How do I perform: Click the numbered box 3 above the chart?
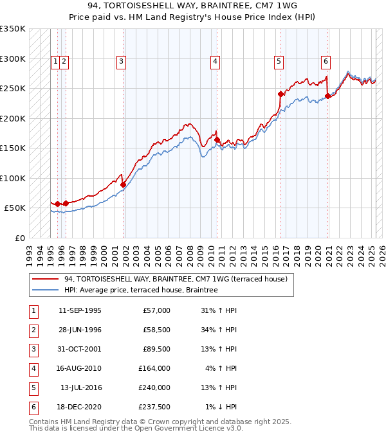[121, 62]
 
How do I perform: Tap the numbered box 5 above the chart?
[279, 62]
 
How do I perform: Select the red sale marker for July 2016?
[280, 94]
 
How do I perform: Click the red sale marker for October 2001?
[123, 184]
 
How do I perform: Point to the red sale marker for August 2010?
[217, 139]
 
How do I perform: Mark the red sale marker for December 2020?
[327, 96]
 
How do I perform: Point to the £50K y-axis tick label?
[15, 208]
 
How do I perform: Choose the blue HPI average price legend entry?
[141, 290]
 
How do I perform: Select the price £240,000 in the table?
[154, 388]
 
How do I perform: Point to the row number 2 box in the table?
[33, 330]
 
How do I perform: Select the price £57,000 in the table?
[156, 310]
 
